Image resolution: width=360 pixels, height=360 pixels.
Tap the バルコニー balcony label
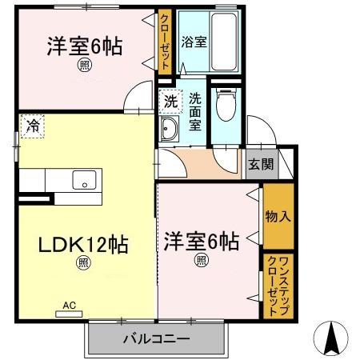(x=156, y=339)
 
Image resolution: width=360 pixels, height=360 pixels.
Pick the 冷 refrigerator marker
(x=32, y=125)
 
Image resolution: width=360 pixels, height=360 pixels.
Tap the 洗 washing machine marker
(x=170, y=102)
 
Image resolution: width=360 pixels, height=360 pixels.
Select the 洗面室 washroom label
(x=195, y=111)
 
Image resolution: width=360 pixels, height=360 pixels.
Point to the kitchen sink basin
(x=83, y=181)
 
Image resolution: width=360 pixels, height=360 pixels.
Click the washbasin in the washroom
(x=170, y=131)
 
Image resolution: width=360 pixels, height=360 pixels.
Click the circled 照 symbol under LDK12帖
(x=82, y=262)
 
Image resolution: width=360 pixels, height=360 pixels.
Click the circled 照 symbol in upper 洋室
(x=83, y=67)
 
